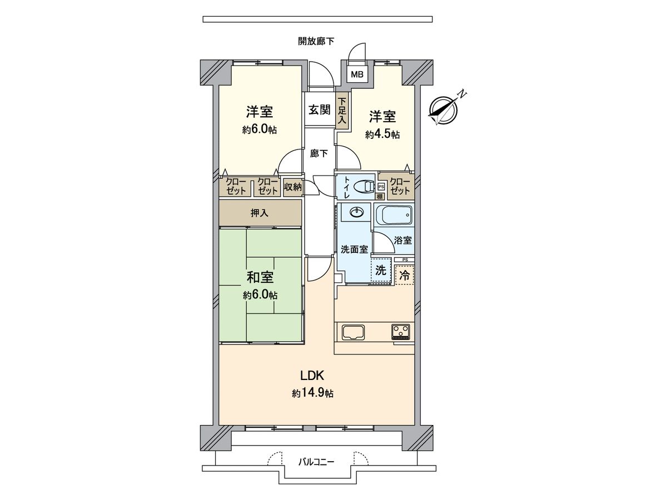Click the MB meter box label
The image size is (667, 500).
pos(356,73)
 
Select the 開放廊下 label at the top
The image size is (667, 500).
pos(316,41)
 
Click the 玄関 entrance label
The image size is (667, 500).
pos(320,109)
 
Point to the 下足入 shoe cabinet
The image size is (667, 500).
pos(342,111)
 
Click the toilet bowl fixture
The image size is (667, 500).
pos(365,186)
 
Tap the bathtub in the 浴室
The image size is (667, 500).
pos(394,214)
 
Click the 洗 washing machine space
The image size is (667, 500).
pos(380,271)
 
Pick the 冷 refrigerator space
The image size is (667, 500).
pos(405,274)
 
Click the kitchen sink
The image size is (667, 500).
pos(353,332)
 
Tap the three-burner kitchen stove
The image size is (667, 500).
pos(401,332)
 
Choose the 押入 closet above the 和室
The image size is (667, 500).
pos(260,212)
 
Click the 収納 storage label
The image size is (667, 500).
pos(292,187)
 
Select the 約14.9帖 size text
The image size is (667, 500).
pos(313,393)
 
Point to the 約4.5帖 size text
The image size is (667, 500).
pos(382,134)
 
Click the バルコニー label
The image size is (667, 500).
pos(316,461)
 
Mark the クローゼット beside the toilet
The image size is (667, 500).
pos(400,186)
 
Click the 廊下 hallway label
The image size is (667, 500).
pos(319,153)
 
